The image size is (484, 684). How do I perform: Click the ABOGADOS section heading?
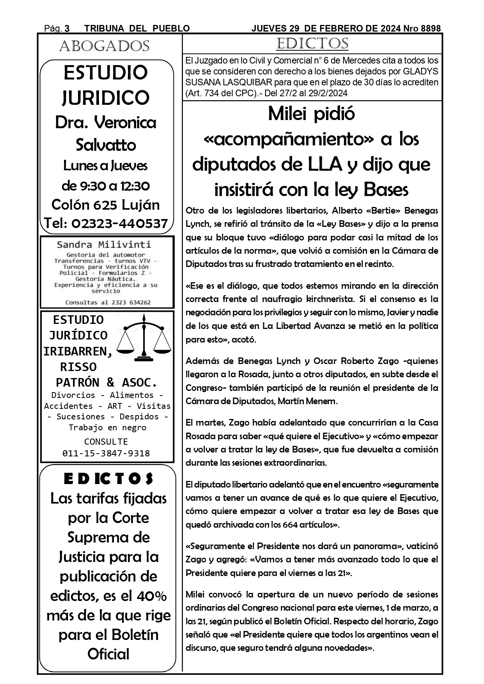pos(104,46)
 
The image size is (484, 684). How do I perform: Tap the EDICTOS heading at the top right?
pos(312,44)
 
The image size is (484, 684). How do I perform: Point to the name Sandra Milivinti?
pos(104,245)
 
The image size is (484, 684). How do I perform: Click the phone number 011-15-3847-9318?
pos(106,453)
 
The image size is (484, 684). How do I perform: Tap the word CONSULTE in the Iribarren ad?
pos(106,442)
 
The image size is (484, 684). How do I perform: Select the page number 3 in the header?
pos(67,28)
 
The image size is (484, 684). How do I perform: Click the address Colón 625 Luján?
pos(106,205)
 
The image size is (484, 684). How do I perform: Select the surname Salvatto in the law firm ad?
pos(106,145)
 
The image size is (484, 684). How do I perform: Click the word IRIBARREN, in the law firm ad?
pos(78,351)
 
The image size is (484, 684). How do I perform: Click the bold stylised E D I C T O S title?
pos(108,479)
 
